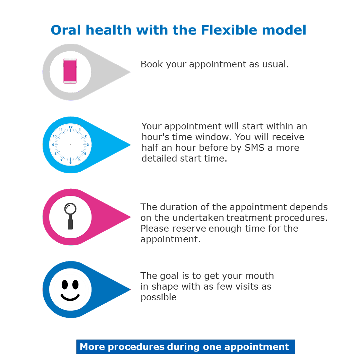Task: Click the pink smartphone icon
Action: coord(70,71)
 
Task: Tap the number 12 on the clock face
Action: coord(70,127)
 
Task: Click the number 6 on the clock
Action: coord(70,163)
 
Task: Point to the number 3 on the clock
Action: coord(88,145)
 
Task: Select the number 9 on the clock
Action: coord(53,145)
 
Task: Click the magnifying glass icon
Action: coord(70,216)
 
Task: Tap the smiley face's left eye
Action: coord(65,285)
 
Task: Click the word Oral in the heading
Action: coord(66,30)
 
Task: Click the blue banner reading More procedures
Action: coord(185,347)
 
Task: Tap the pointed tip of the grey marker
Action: coord(130,72)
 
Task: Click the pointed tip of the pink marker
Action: coord(130,217)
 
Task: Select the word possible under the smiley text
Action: coord(158,298)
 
